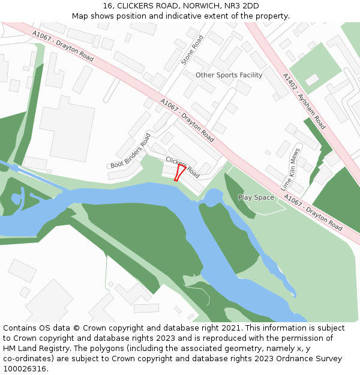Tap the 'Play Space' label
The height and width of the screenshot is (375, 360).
coord(256,197)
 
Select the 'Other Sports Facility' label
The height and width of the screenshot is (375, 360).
coord(229,75)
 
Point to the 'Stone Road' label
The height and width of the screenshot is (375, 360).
coord(193,50)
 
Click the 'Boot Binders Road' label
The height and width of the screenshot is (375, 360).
coord(130,151)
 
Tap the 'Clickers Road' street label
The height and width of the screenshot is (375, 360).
coord(182,167)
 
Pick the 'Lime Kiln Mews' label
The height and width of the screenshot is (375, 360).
coord(290,170)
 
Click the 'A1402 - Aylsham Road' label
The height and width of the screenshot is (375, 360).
coord(304,101)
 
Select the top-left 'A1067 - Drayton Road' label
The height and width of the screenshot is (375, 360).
coord(63,46)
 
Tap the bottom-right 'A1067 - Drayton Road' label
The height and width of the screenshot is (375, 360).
coord(313,212)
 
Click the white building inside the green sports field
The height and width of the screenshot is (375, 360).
coord(312,80)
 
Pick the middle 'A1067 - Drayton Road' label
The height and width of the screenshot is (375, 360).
coord(187,120)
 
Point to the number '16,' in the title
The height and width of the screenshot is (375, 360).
coord(109,6)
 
